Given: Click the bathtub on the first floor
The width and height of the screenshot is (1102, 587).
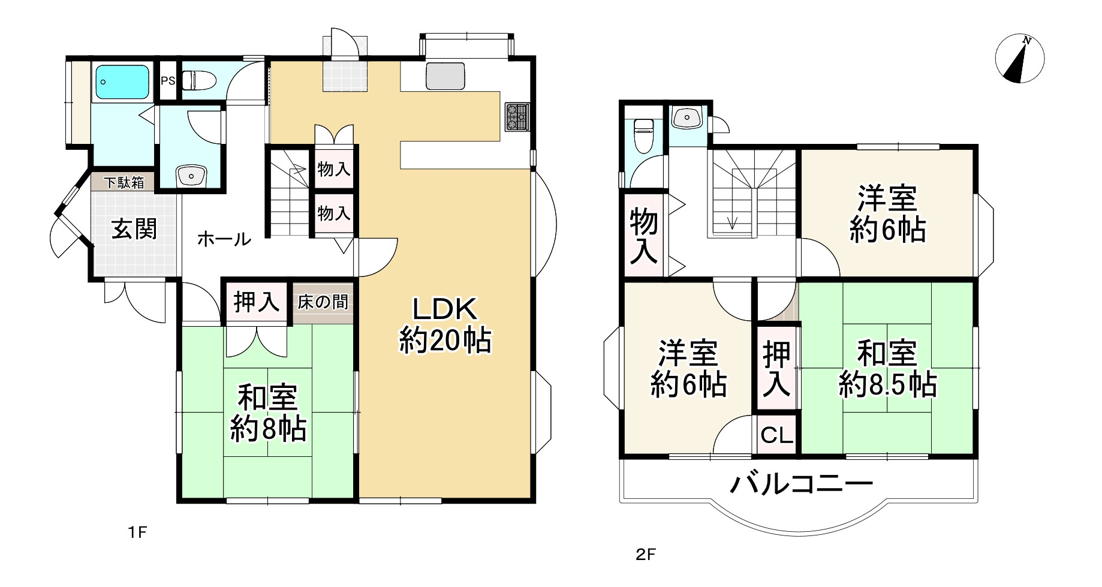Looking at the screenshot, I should pos(122,82).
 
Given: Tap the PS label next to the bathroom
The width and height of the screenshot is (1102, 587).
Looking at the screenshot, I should pos(168,80).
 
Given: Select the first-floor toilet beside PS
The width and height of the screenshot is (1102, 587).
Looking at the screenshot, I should pos(198,80).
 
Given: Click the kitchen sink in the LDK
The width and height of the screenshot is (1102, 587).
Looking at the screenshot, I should pos(445,76).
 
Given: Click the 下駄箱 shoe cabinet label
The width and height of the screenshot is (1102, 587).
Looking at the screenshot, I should pos(125,182).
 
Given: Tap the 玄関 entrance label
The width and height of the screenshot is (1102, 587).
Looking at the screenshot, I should pos(134,230).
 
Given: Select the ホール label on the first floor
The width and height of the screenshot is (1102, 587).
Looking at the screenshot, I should pos(224,240).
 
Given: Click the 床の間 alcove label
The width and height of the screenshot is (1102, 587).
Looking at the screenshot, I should pos(323,302).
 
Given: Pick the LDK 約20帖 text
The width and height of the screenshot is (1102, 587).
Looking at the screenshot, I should pos(445,326).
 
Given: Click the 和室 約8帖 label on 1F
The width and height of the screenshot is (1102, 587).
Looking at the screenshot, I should pos(268,414).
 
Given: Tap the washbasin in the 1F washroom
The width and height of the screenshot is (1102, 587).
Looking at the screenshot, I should pos(191,176).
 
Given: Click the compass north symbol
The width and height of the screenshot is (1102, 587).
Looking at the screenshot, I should pos(1019,58).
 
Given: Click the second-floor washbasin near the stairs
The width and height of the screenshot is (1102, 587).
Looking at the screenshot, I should pos(686,117).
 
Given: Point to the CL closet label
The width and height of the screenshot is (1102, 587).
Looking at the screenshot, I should pos(777,435).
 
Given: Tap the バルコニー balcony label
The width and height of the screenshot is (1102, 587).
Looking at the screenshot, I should pos(801,483).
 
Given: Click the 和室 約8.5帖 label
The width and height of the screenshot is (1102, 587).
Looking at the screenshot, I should pos(887,369).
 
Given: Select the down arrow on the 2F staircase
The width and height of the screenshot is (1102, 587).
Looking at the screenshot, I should pos(732,221).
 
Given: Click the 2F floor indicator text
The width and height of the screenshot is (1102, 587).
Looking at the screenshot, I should pos(646,555).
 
